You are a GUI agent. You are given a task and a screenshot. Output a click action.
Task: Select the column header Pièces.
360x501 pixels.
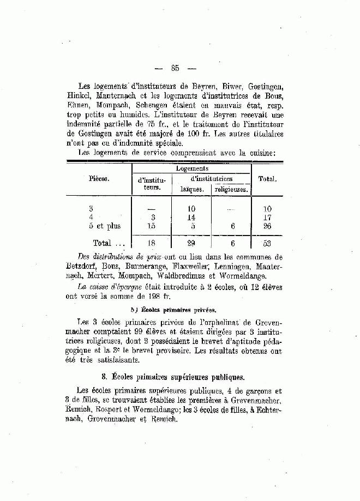point(98,178)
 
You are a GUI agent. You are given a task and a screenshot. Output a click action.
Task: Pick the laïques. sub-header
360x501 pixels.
point(193,190)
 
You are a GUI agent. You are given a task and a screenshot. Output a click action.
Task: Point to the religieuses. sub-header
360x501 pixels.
point(231,190)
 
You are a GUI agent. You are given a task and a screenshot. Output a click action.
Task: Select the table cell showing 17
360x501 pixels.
point(266,217)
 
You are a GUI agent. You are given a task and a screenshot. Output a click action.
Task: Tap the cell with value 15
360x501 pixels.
point(152,226)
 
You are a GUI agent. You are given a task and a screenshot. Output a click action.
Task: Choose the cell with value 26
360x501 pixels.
point(266,226)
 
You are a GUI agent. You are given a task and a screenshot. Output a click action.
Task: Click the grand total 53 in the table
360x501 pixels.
point(266,243)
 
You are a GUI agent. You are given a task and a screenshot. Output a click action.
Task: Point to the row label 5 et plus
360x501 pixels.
point(104,226)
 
